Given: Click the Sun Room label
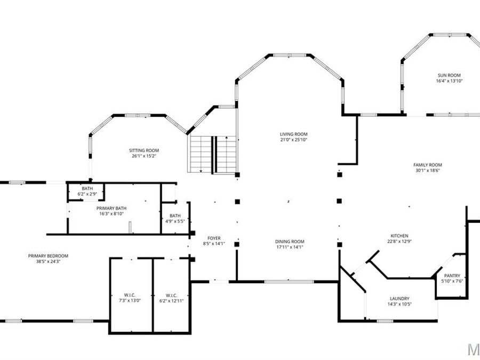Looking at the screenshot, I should coord(449,75).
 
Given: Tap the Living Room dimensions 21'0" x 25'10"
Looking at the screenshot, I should coord(294,140).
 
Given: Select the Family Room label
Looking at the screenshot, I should coord(428,165).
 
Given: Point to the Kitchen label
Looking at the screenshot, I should coord(399,236).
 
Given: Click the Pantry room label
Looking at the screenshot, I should coord(452,276).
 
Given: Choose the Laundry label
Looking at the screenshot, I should coord(399,299).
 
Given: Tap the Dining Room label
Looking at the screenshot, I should coord(290,242).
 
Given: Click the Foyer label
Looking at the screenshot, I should coord(214,238).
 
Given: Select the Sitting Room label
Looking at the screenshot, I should coord(144,150).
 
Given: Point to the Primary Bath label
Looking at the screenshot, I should coord(111,208).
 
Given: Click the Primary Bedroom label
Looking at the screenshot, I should coord(48,255).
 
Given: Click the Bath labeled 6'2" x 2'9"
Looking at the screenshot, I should coord(87,189).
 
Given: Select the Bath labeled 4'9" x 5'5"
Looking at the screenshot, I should coord(175,215).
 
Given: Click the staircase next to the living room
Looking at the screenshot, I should coord(212,154).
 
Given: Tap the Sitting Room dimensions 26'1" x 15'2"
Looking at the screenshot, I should coord(144,156).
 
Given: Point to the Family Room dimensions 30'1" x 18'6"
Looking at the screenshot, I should coord(428,171).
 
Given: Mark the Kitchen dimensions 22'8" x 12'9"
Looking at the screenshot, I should coord(399,242).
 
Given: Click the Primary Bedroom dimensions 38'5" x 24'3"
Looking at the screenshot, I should coord(48,261).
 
